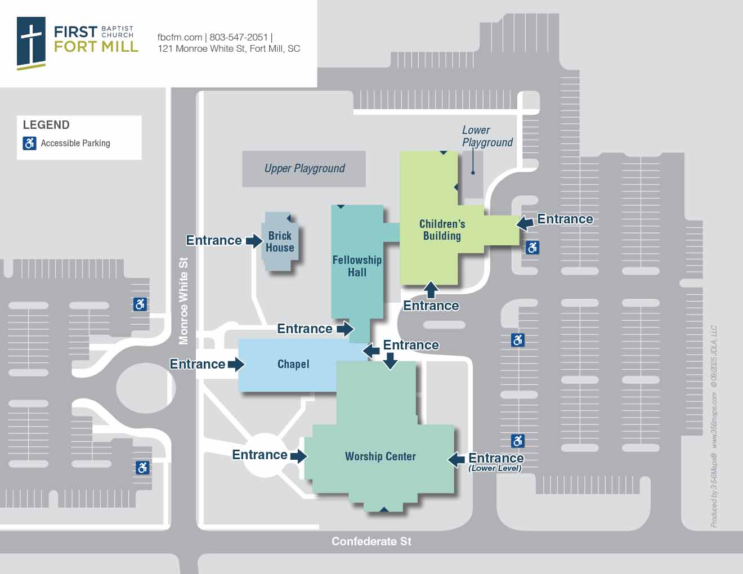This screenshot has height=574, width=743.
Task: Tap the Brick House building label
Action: coord(280,241)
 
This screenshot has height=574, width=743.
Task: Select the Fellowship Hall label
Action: coord(357,266)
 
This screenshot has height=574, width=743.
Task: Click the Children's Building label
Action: coord(442,230)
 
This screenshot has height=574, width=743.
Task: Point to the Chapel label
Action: coord(293,364)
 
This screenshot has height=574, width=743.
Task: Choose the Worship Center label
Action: coord(381,456)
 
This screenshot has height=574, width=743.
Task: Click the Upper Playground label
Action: coord(305,168)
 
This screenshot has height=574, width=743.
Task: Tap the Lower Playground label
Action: coord(487,136)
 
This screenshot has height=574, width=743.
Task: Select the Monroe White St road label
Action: coord(183,301)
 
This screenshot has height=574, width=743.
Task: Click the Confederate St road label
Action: coord(371,541)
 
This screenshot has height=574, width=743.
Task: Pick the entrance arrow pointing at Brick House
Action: coord(254,241)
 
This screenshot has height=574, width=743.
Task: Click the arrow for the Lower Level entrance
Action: coord(456,459)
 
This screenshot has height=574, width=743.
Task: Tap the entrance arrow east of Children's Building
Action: coord(525,223)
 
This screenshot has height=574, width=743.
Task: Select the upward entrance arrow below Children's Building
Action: coord(431,289)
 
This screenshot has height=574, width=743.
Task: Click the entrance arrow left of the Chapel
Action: coord(235,364)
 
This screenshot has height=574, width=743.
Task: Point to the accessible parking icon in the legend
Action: coord(30,143)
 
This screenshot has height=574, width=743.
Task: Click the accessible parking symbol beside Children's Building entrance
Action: coord(532,247)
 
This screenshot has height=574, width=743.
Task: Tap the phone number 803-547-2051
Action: coord(239,37)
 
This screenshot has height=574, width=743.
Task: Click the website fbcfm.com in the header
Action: coord(180,37)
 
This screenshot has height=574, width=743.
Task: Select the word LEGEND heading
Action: coord(46,125)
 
